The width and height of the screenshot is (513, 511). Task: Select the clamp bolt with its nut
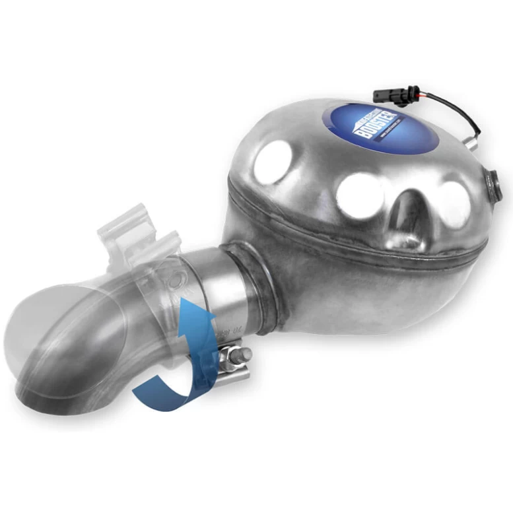pyautogui.click(x=234, y=357)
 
